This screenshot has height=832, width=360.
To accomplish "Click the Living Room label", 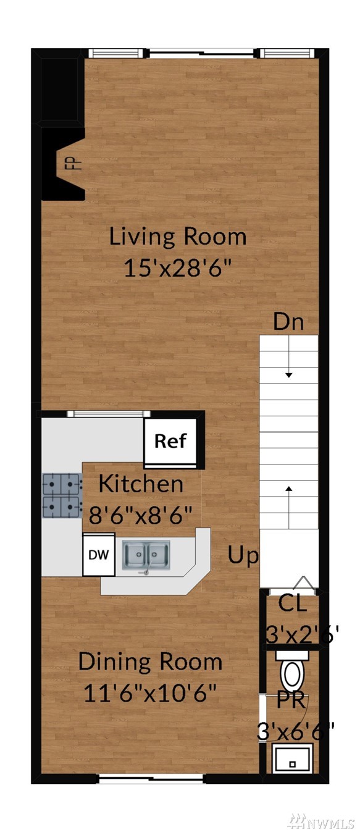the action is pyautogui.click(x=178, y=237).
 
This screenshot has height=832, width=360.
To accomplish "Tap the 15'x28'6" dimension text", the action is pyautogui.click(x=178, y=267).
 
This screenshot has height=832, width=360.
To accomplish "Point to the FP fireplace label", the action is pyautogui.click(x=76, y=163).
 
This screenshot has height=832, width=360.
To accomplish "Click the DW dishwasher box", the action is pyautogui.click(x=99, y=555).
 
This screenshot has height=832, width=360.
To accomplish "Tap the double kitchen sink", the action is pyautogui.click(x=146, y=555).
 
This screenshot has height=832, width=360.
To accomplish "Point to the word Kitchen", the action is pyautogui.click(x=141, y=484).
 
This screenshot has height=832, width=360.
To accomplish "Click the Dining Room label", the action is pyautogui.click(x=150, y=662).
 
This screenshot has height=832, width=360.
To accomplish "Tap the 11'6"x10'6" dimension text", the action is pyautogui.click(x=150, y=692).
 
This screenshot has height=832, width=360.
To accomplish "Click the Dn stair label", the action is pyautogui.click(x=288, y=322).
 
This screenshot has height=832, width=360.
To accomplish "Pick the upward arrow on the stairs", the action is pyautogui.click(x=289, y=506).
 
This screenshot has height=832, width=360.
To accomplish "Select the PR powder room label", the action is pyautogui.click(x=292, y=700).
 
